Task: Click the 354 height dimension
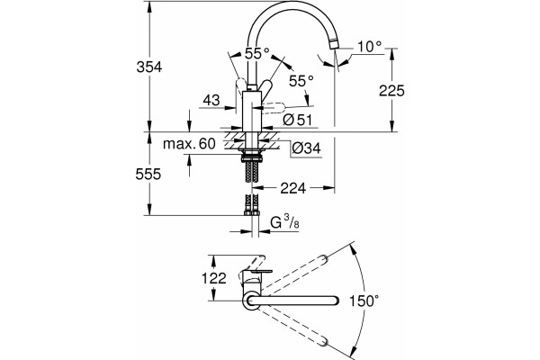149,67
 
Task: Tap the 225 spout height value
391,91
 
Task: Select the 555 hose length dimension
148,175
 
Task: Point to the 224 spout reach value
293,188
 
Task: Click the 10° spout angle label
370,47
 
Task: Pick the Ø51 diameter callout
298,120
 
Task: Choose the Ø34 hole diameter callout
306,148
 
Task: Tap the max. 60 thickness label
189,144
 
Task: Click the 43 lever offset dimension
211,101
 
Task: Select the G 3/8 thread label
284,223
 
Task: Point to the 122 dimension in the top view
214,278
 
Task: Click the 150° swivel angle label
364,301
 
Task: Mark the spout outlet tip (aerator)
333,44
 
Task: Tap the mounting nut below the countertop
252,158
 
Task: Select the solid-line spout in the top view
293,301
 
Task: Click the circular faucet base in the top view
252,301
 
